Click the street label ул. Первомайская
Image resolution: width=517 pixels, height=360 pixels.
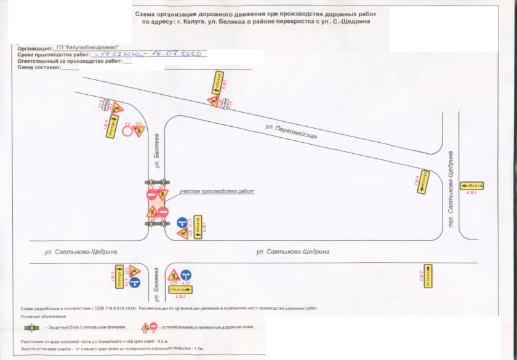coord(291,132)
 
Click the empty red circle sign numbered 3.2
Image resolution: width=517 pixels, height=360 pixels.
coord(129,131)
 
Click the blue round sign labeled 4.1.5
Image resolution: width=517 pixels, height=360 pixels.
coord(182,221)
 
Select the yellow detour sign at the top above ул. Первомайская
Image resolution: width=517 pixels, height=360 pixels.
coord(218,82)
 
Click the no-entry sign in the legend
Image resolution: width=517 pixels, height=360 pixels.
coord(153,326)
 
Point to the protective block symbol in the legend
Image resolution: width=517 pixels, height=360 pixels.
coord(31,327)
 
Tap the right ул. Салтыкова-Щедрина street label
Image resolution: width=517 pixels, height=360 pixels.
coord(292,252)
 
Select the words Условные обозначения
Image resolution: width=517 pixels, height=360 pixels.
coord(44,316)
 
